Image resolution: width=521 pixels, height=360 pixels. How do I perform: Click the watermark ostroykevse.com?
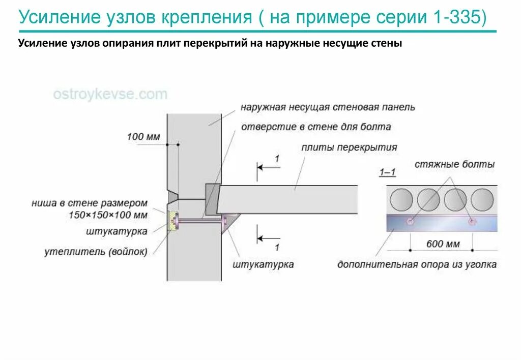coord(110,95)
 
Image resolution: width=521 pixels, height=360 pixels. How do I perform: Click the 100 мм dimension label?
coord(143,137)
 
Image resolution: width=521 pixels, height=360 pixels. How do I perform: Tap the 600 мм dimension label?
coord(443,244)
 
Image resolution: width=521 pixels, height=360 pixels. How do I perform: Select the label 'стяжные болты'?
coord(454,165)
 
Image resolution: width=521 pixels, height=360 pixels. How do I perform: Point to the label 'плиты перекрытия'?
coord(349,147)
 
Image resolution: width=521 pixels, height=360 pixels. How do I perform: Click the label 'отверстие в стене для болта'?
coord(316,127)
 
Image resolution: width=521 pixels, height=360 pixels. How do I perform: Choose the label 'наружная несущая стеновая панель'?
coord(328,107)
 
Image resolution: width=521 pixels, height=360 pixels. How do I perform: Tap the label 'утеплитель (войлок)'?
coord(96,251)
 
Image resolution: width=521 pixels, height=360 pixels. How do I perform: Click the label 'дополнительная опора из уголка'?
coord(417,264)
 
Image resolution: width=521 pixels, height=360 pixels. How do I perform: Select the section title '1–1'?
coord(388,173)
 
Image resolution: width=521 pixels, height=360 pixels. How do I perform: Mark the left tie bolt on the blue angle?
coord(410,221)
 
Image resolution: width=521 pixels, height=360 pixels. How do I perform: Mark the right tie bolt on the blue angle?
coord(473,221)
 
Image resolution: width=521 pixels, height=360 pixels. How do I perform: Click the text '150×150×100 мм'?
coord(108,215)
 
